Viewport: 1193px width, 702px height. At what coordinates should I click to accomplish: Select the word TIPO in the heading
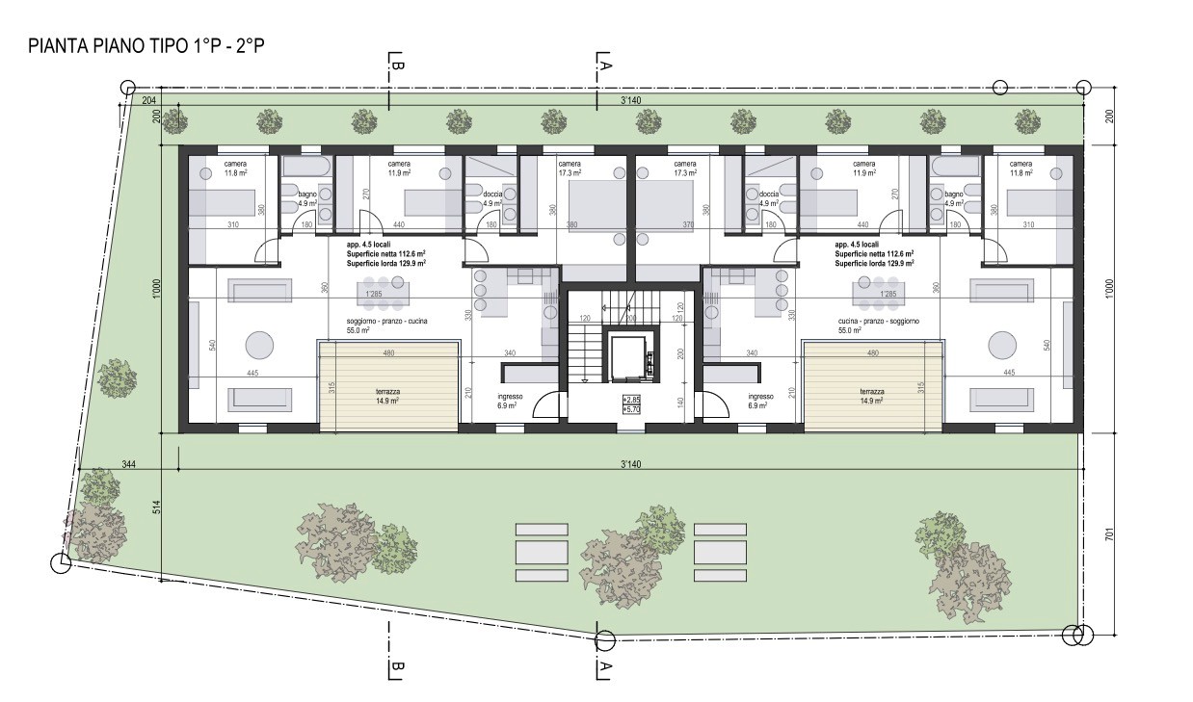point(175,46)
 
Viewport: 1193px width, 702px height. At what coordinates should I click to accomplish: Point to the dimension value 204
point(149,100)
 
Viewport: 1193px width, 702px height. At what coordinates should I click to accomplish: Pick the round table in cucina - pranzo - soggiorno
point(1001,345)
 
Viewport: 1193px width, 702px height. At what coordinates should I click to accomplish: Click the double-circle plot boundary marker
point(1076,635)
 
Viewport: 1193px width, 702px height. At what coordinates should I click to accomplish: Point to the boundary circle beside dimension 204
point(128,88)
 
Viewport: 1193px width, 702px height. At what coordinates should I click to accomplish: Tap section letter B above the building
point(395,65)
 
